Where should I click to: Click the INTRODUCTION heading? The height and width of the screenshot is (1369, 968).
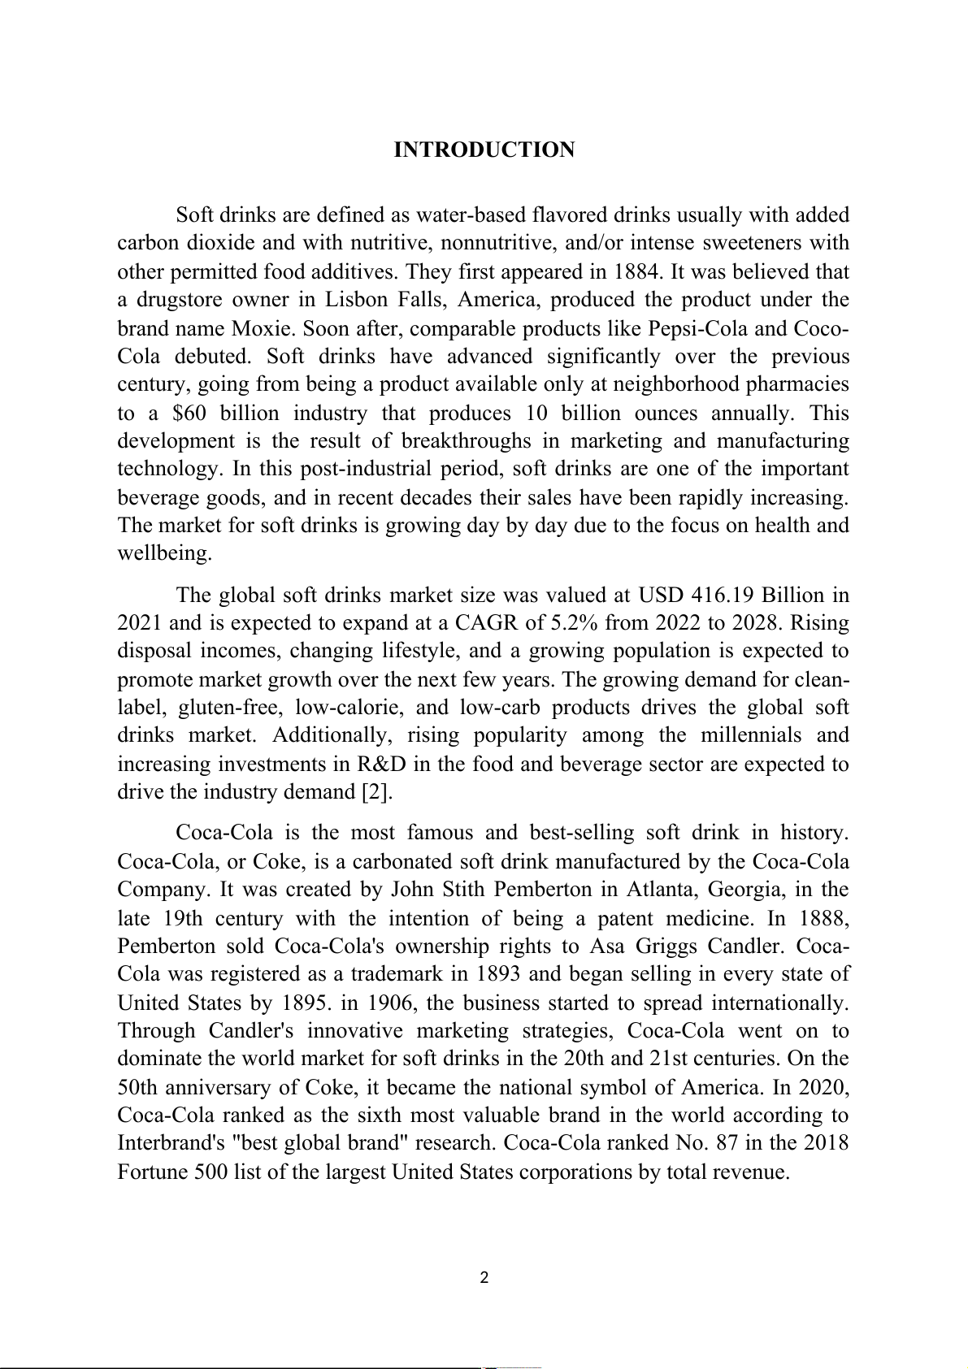pyautogui.click(x=484, y=150)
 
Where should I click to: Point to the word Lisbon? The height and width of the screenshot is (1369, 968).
pyautogui.click(x=355, y=300)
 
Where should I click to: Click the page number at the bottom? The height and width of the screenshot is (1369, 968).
pyautogui.click(x=484, y=1278)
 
